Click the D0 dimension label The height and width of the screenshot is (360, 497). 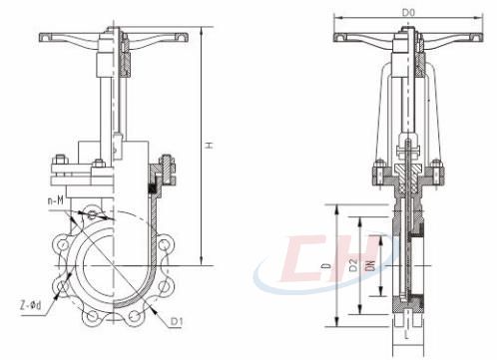click(408, 13)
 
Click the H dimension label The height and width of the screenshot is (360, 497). click(210, 146)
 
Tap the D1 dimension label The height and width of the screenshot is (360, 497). click(177, 321)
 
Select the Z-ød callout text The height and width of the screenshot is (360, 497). click(31, 304)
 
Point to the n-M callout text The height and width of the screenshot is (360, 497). click(55, 200)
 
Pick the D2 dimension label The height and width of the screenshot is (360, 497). click(353, 265)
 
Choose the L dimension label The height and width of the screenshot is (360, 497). click(406, 334)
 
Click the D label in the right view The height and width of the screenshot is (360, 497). click(327, 265)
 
